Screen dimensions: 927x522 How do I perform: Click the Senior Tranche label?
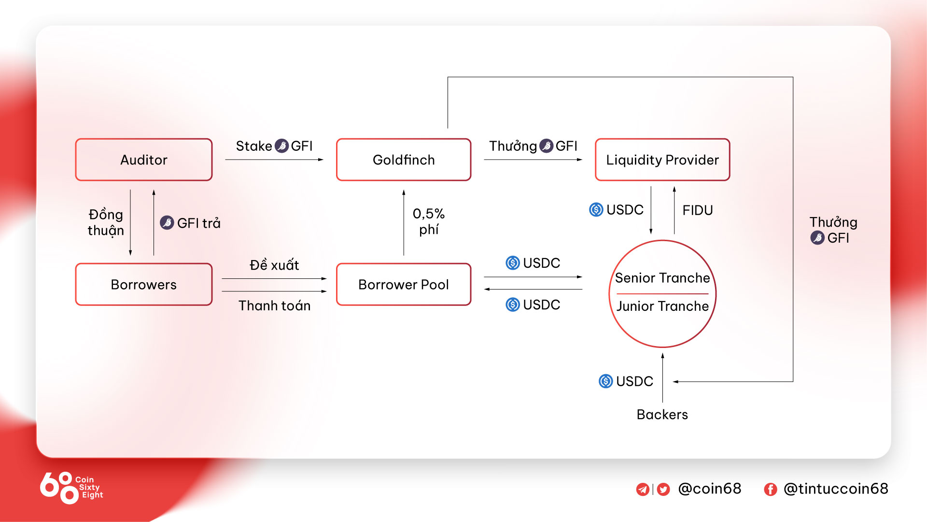662,278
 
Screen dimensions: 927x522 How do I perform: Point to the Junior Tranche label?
662,306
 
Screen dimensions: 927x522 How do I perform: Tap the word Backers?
662,414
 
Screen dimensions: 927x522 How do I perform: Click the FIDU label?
698,210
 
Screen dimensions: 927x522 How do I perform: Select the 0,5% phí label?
429,221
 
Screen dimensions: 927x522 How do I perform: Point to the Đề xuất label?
274,264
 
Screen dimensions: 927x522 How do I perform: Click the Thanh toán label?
274,305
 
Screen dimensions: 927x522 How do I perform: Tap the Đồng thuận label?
106,222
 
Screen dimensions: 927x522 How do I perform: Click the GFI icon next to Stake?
281,146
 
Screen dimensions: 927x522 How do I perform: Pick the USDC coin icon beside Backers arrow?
606,381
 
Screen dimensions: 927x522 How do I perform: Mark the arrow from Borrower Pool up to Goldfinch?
404,223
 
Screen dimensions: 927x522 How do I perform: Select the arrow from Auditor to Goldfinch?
274,159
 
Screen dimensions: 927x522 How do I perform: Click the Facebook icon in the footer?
771,490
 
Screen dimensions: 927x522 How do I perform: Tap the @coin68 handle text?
710,489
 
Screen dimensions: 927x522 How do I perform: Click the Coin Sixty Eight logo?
71,488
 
